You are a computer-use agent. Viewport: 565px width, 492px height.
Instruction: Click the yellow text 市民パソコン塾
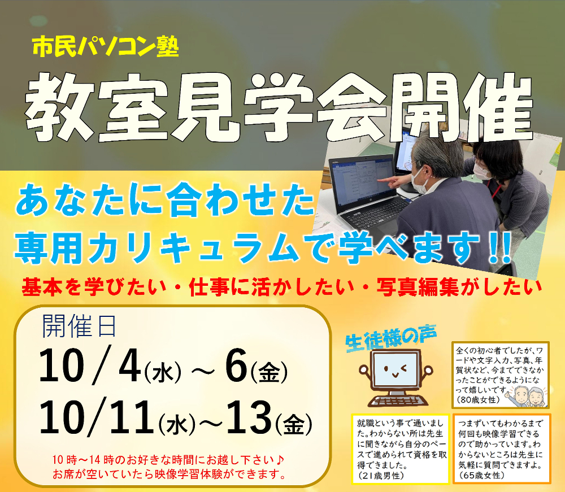point(106,47)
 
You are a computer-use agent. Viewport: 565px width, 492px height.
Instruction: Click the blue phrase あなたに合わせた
point(164,199)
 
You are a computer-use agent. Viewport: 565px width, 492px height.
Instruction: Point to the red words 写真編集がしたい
point(459,287)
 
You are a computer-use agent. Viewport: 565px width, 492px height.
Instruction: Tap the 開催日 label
point(79,326)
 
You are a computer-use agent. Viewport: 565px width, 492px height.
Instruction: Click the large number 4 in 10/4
point(129,365)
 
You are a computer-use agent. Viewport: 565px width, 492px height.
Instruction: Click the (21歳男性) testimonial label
point(380,476)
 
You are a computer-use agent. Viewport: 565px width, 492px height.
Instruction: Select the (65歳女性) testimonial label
point(481,475)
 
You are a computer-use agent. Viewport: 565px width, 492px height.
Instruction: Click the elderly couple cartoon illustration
point(526,396)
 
